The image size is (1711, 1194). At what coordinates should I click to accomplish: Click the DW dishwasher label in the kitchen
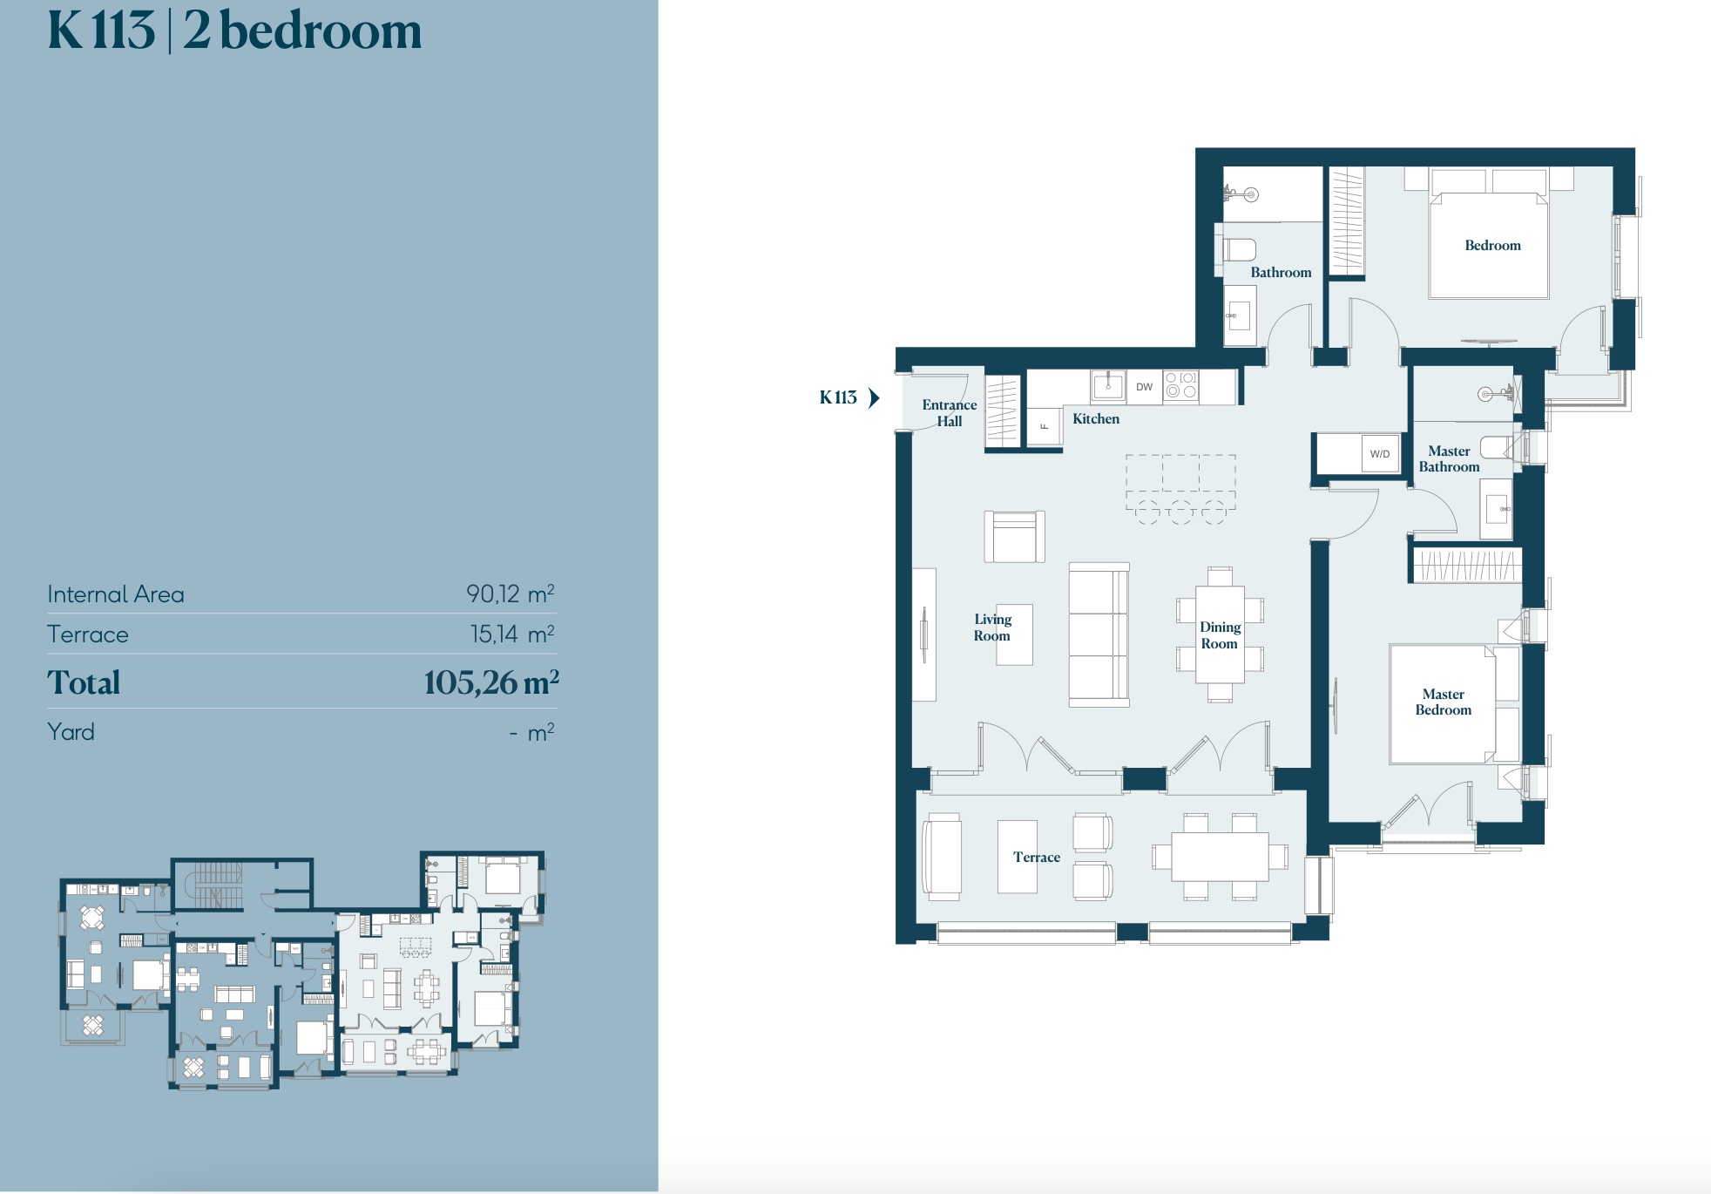[1144, 387]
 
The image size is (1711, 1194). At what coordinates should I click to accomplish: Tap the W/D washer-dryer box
[1380, 454]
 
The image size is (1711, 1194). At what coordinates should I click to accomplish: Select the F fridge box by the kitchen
[1044, 426]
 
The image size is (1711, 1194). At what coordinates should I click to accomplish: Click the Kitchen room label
[1096, 419]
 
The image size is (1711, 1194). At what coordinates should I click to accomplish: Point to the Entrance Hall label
[950, 413]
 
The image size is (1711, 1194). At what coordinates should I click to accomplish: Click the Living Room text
[992, 628]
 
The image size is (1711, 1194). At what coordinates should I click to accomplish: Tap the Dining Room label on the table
[1220, 635]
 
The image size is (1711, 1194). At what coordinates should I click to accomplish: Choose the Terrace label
[1037, 858]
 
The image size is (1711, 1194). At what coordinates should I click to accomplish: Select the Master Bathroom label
[1449, 459]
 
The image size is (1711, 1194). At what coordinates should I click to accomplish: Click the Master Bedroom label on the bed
[1444, 702]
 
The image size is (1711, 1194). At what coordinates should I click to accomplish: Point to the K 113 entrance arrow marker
[874, 398]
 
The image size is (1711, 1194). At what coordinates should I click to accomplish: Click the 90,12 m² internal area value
[511, 594]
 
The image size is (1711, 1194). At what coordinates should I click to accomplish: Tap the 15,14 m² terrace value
[512, 634]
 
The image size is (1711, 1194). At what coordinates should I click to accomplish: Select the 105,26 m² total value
[491, 683]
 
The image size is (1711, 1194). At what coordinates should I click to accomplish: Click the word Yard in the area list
[71, 732]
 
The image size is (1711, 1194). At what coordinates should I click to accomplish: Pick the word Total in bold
[84, 683]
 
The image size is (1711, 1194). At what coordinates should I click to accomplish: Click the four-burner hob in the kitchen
[1181, 385]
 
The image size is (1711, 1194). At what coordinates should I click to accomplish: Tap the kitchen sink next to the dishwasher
[1108, 385]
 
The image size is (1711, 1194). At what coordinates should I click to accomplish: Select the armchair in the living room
[1015, 537]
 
